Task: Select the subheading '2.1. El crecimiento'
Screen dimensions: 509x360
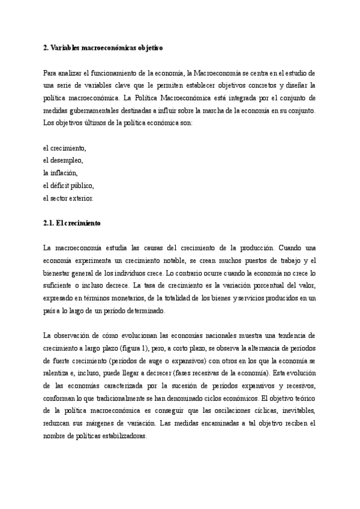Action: (72, 223)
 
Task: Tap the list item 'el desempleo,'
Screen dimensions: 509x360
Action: (63, 160)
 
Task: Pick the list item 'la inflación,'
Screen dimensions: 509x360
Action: (61, 173)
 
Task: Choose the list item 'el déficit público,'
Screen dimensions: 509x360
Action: (68, 185)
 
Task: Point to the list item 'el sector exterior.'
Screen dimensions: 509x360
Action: (68, 198)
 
